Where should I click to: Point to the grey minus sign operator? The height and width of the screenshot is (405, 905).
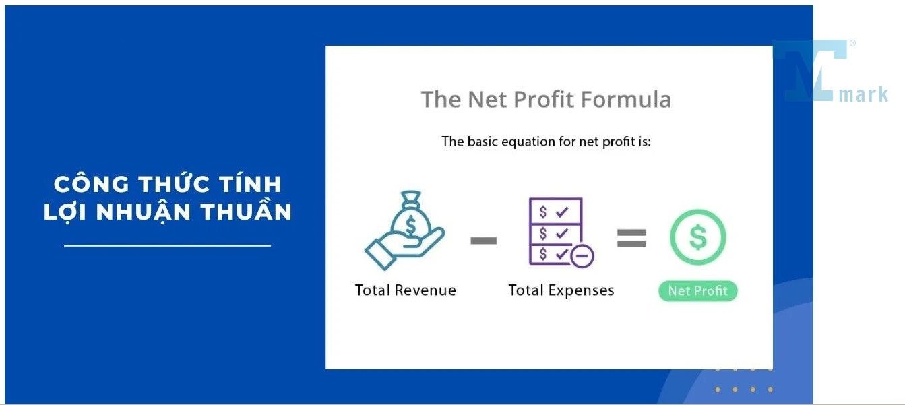(484, 241)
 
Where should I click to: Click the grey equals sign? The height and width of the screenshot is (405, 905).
(631, 238)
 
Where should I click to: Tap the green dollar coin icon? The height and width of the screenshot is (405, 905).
(697, 237)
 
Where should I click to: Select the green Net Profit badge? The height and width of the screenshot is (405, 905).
(697, 291)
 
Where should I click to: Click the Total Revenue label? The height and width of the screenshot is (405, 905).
(405, 290)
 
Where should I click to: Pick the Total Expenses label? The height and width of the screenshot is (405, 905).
(561, 290)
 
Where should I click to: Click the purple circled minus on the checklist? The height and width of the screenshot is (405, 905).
(582, 255)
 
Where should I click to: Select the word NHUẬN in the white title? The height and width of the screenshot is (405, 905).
(144, 212)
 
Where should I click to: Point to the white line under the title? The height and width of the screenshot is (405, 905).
(167, 245)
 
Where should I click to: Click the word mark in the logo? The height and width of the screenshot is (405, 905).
(863, 94)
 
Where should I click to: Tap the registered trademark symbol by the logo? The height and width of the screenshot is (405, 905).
(852, 43)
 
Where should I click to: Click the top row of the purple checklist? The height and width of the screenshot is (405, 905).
(555, 211)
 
